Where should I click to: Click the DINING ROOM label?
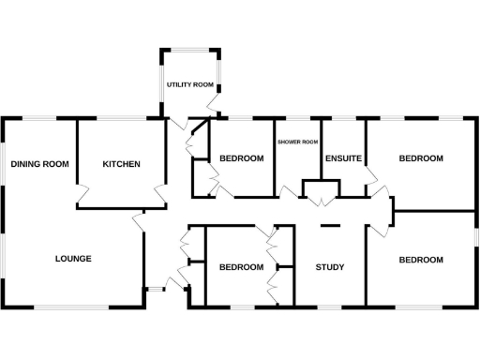pos(40,164)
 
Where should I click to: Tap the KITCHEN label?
pos(121,164)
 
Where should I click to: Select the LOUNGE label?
pos(72,258)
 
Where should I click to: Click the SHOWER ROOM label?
pos(298,142)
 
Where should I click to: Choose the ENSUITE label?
pos(343,158)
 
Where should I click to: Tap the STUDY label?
pos(329,267)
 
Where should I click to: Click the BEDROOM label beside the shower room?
pos(241,158)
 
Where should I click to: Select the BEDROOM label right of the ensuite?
pos(421,158)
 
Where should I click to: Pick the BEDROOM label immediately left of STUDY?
pos(241,267)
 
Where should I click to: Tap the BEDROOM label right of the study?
pos(421,260)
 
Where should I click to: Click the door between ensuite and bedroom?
pos(371,176)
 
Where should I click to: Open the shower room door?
pos(287,192)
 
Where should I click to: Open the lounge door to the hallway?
pos(139,221)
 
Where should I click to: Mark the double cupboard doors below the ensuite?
pos(321,200)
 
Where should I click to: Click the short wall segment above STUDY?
pos(329,226)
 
